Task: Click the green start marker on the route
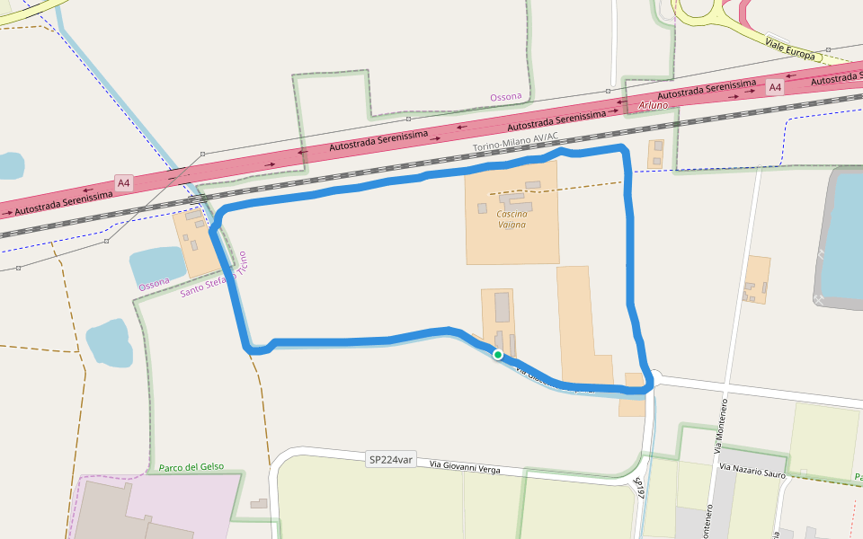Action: tap(498, 355)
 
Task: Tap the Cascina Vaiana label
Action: tap(512, 219)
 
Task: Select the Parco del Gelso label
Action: tap(191, 468)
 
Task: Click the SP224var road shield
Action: tap(391, 459)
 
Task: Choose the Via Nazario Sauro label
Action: tap(752, 470)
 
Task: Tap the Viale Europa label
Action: tap(791, 49)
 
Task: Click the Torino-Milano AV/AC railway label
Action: tap(516, 142)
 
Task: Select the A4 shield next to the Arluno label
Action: tap(775, 87)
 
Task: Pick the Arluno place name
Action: tap(654, 105)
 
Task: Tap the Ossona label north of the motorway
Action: tap(506, 97)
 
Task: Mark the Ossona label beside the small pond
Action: tap(154, 282)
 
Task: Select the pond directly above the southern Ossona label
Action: tap(156, 264)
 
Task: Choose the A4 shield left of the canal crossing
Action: tap(124, 183)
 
